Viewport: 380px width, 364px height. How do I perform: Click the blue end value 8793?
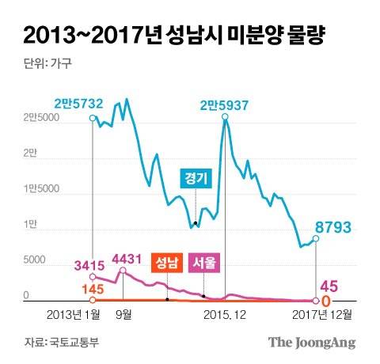coord(333,228)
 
